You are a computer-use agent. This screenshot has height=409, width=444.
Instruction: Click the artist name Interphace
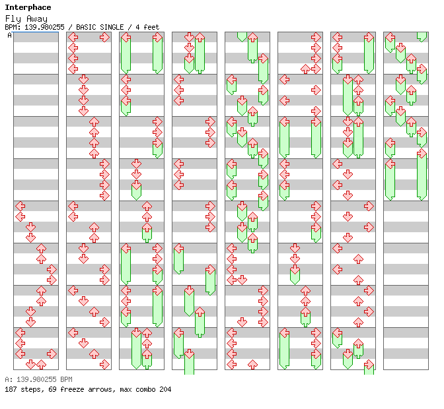click(x=28, y=7)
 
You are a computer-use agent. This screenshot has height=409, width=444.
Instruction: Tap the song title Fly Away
click(x=26, y=19)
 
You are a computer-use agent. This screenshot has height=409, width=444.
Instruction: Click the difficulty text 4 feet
click(x=147, y=27)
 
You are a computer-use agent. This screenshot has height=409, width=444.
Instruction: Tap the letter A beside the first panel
click(x=9, y=36)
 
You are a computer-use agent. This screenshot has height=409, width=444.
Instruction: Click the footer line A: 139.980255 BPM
click(x=38, y=379)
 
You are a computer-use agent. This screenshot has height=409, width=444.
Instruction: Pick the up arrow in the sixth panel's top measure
click(x=305, y=69)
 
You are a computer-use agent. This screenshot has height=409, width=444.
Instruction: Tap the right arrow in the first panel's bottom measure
click(x=52, y=354)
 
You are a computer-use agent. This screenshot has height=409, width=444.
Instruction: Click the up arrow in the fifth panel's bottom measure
click(x=252, y=365)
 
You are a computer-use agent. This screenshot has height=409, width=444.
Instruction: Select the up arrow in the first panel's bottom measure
click(x=42, y=365)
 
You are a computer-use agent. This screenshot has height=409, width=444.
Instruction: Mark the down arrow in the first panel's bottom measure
click(x=30, y=365)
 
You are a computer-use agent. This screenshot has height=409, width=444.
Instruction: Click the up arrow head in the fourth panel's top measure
click(x=200, y=37)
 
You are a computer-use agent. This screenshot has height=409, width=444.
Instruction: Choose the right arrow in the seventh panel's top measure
click(x=369, y=37)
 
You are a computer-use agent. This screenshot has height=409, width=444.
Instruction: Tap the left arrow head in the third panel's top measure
click(x=126, y=37)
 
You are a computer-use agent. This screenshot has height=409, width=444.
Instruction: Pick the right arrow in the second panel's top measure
click(x=105, y=37)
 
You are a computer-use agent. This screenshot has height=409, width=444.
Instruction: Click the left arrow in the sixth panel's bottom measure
click(x=284, y=333)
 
